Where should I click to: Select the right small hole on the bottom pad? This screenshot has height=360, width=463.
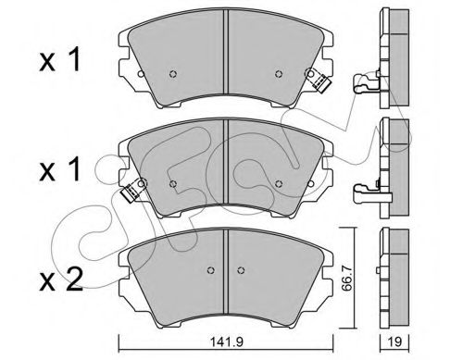click(x=244, y=270)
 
